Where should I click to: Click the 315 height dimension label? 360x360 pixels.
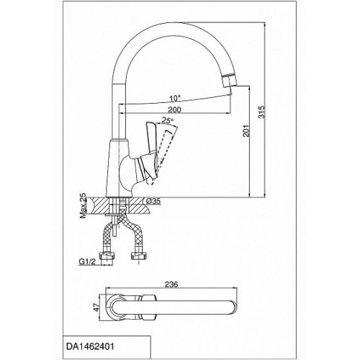tap(261, 112)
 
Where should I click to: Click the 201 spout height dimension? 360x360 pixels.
tap(246, 130)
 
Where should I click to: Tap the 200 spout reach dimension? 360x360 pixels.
tap(174, 109)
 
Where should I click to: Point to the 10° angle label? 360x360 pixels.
tap(175, 98)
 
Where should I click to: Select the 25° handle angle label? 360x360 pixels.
tap(168, 120)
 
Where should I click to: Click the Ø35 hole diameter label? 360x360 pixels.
tap(153, 201)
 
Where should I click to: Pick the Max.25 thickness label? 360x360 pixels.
tap(83, 206)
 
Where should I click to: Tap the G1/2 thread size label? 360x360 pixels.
tap(87, 261)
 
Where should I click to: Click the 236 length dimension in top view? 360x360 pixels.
tap(172, 284)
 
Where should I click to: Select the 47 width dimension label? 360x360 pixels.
tap(96, 307)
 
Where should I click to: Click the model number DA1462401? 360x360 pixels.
tap(90, 346)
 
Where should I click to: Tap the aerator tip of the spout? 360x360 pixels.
tap(228, 81)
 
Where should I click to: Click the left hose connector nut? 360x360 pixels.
tap(106, 256)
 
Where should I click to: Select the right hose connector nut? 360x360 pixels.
tap(138, 256)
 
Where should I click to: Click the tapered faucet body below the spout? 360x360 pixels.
tap(119, 168)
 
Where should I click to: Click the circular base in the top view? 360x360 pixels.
tap(109, 307)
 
